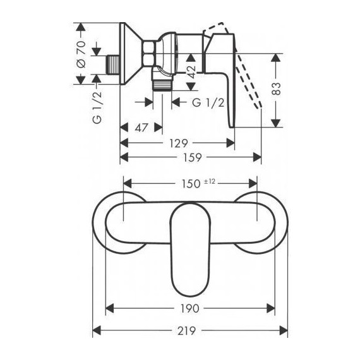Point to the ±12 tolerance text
[x=210, y=181]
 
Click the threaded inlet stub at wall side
[x=111, y=64]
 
